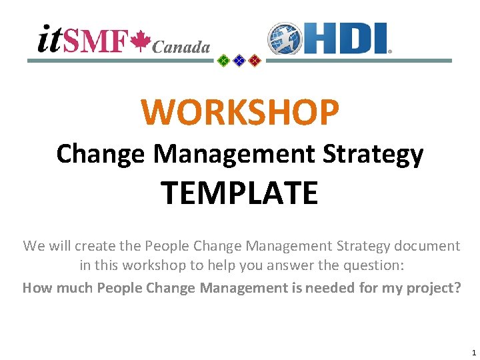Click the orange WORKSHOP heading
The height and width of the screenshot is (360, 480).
tap(240, 112)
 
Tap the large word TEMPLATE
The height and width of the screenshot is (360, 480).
tap(239, 193)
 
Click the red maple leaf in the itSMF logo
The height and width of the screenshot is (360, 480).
tap(140, 41)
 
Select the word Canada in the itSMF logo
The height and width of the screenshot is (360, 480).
tap(181, 47)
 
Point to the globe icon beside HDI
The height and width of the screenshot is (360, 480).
tap(284, 39)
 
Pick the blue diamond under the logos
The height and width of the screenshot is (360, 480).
tap(239, 61)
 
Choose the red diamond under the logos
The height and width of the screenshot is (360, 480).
tap(254, 61)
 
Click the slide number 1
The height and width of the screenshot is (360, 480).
tap(473, 353)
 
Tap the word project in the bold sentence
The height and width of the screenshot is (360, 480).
tap(431, 288)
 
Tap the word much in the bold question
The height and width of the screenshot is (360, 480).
tap(71, 288)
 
